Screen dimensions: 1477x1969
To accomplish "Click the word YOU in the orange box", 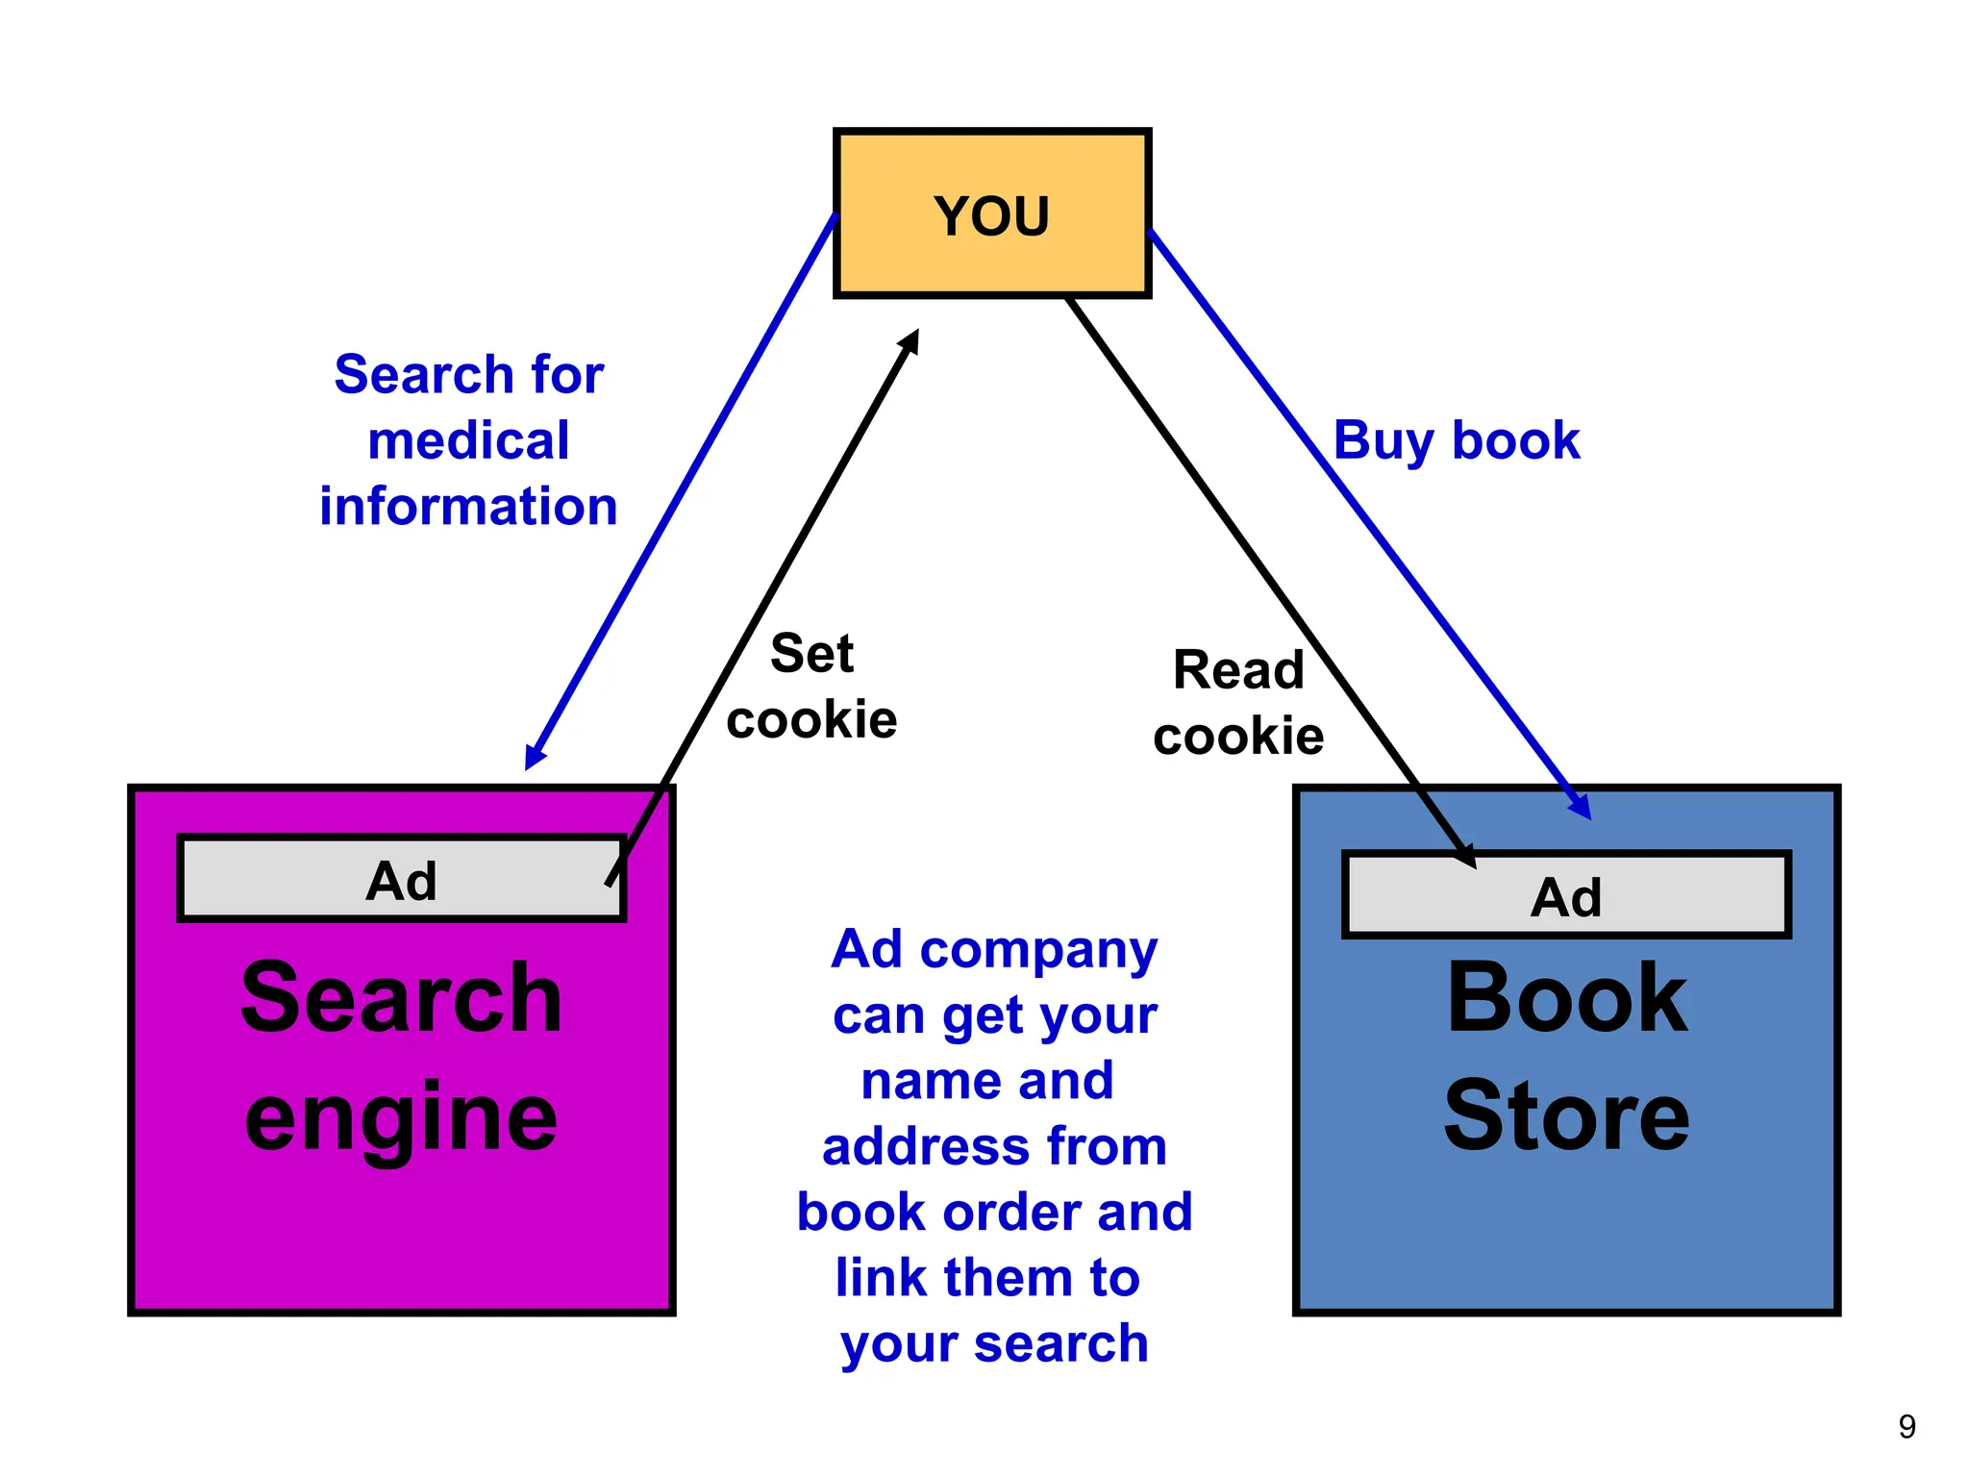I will (991, 215).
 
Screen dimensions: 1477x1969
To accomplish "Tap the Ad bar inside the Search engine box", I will (402, 880).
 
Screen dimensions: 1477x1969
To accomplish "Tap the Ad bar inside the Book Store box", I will (1566, 896).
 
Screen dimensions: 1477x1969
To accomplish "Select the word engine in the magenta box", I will (401, 1117).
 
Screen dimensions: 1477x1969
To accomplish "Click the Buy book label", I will (1456, 440).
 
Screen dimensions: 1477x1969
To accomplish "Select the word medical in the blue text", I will (468, 440).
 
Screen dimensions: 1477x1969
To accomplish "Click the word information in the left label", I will (468, 506).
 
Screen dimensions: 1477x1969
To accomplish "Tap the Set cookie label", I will (811, 687).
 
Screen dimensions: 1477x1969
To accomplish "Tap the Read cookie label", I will (1238, 703).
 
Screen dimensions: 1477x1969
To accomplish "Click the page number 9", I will (1907, 1426).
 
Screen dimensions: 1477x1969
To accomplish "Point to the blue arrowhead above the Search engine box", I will (534, 757).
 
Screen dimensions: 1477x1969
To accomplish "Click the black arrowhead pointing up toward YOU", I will (910, 341).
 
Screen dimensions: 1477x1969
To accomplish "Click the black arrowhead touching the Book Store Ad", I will (1464, 855).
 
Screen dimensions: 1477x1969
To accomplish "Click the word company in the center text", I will (1038, 950).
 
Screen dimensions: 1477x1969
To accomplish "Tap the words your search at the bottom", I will (994, 1343).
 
